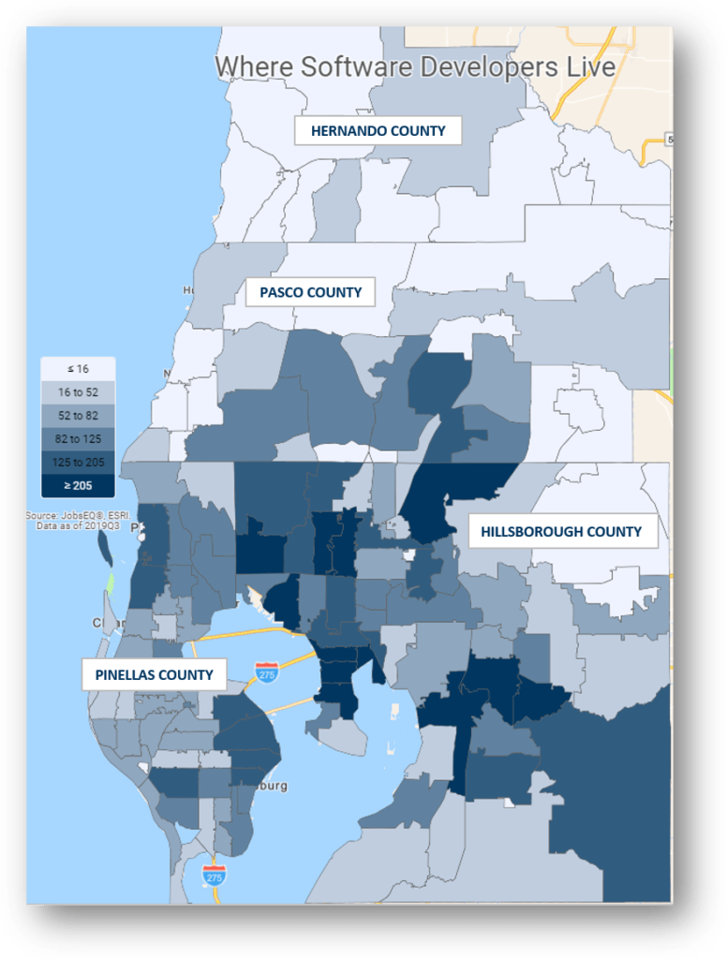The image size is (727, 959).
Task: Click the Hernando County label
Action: coord(378,131)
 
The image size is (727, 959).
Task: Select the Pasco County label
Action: coord(311,292)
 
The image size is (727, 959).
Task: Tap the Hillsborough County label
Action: coord(561,532)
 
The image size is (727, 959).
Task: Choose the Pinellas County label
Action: coord(154,674)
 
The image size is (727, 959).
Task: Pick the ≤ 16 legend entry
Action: coord(78,369)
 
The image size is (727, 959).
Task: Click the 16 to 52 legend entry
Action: coord(78,392)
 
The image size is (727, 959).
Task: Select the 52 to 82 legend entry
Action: coord(78,415)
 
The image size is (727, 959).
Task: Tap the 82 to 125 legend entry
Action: coord(78,438)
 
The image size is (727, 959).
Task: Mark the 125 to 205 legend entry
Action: coord(78,462)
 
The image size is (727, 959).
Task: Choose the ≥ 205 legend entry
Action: coord(78,485)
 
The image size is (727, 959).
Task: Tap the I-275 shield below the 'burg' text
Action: coord(214,876)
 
